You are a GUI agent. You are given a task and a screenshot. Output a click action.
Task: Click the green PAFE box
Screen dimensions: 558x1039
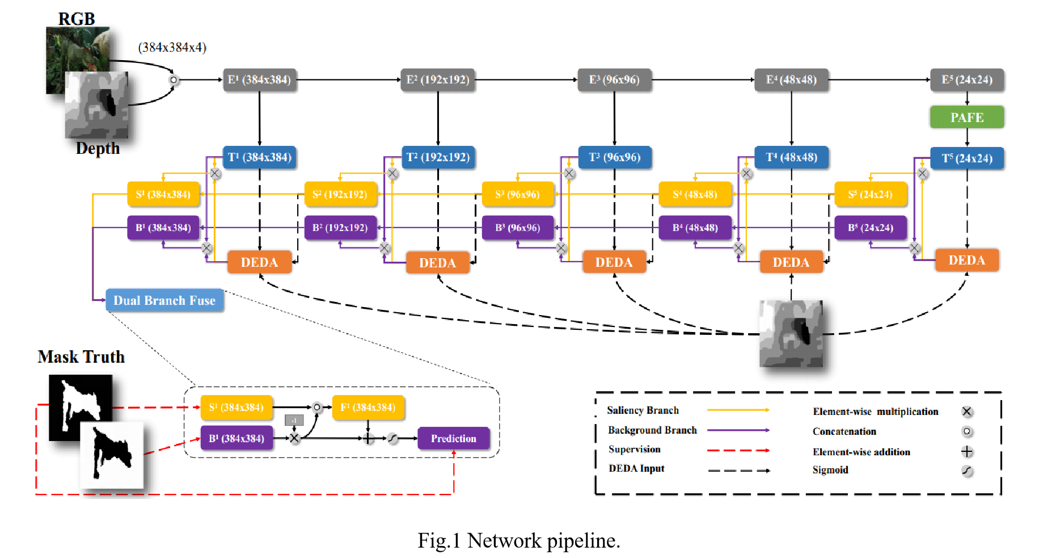coord(966,118)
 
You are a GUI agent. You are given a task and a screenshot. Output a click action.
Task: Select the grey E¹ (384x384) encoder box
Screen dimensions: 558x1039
coord(259,80)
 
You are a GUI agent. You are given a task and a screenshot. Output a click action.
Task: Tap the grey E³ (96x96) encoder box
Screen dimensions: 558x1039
coord(614,80)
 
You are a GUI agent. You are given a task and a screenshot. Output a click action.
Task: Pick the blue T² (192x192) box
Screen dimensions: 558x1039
coord(437,157)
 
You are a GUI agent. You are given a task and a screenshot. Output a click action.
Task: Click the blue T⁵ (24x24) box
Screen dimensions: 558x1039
coord(966,158)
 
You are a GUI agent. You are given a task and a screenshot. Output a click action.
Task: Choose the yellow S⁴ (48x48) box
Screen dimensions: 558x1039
coord(695,194)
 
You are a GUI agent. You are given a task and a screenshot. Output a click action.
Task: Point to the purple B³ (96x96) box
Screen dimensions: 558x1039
coord(517,228)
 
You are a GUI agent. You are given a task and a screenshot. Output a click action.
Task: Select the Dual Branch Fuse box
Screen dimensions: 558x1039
coord(164,300)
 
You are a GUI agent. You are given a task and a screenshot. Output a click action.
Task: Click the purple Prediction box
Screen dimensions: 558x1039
coord(453,438)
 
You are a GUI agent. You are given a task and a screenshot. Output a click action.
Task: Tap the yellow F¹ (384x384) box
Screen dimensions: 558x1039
coord(368,407)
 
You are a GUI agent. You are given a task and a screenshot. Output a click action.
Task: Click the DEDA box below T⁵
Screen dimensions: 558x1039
coord(966,261)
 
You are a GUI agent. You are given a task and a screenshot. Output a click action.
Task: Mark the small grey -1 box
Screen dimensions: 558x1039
coord(294,420)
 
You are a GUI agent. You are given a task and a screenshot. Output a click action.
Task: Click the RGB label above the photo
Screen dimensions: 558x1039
coord(77,19)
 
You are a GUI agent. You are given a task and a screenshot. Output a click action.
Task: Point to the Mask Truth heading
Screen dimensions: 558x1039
coord(81,356)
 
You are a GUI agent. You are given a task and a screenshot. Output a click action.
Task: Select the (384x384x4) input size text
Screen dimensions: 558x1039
coord(172,47)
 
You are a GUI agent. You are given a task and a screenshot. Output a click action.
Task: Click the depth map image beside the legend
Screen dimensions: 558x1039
coord(791,333)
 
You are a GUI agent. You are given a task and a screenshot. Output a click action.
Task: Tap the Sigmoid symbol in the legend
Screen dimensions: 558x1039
coord(967,471)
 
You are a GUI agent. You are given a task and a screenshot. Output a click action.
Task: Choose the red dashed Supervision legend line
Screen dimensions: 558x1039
coord(738,450)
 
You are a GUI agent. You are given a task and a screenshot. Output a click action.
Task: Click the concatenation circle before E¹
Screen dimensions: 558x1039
coord(174,80)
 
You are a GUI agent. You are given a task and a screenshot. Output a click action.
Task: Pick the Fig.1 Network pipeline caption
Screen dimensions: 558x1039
coord(518,540)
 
